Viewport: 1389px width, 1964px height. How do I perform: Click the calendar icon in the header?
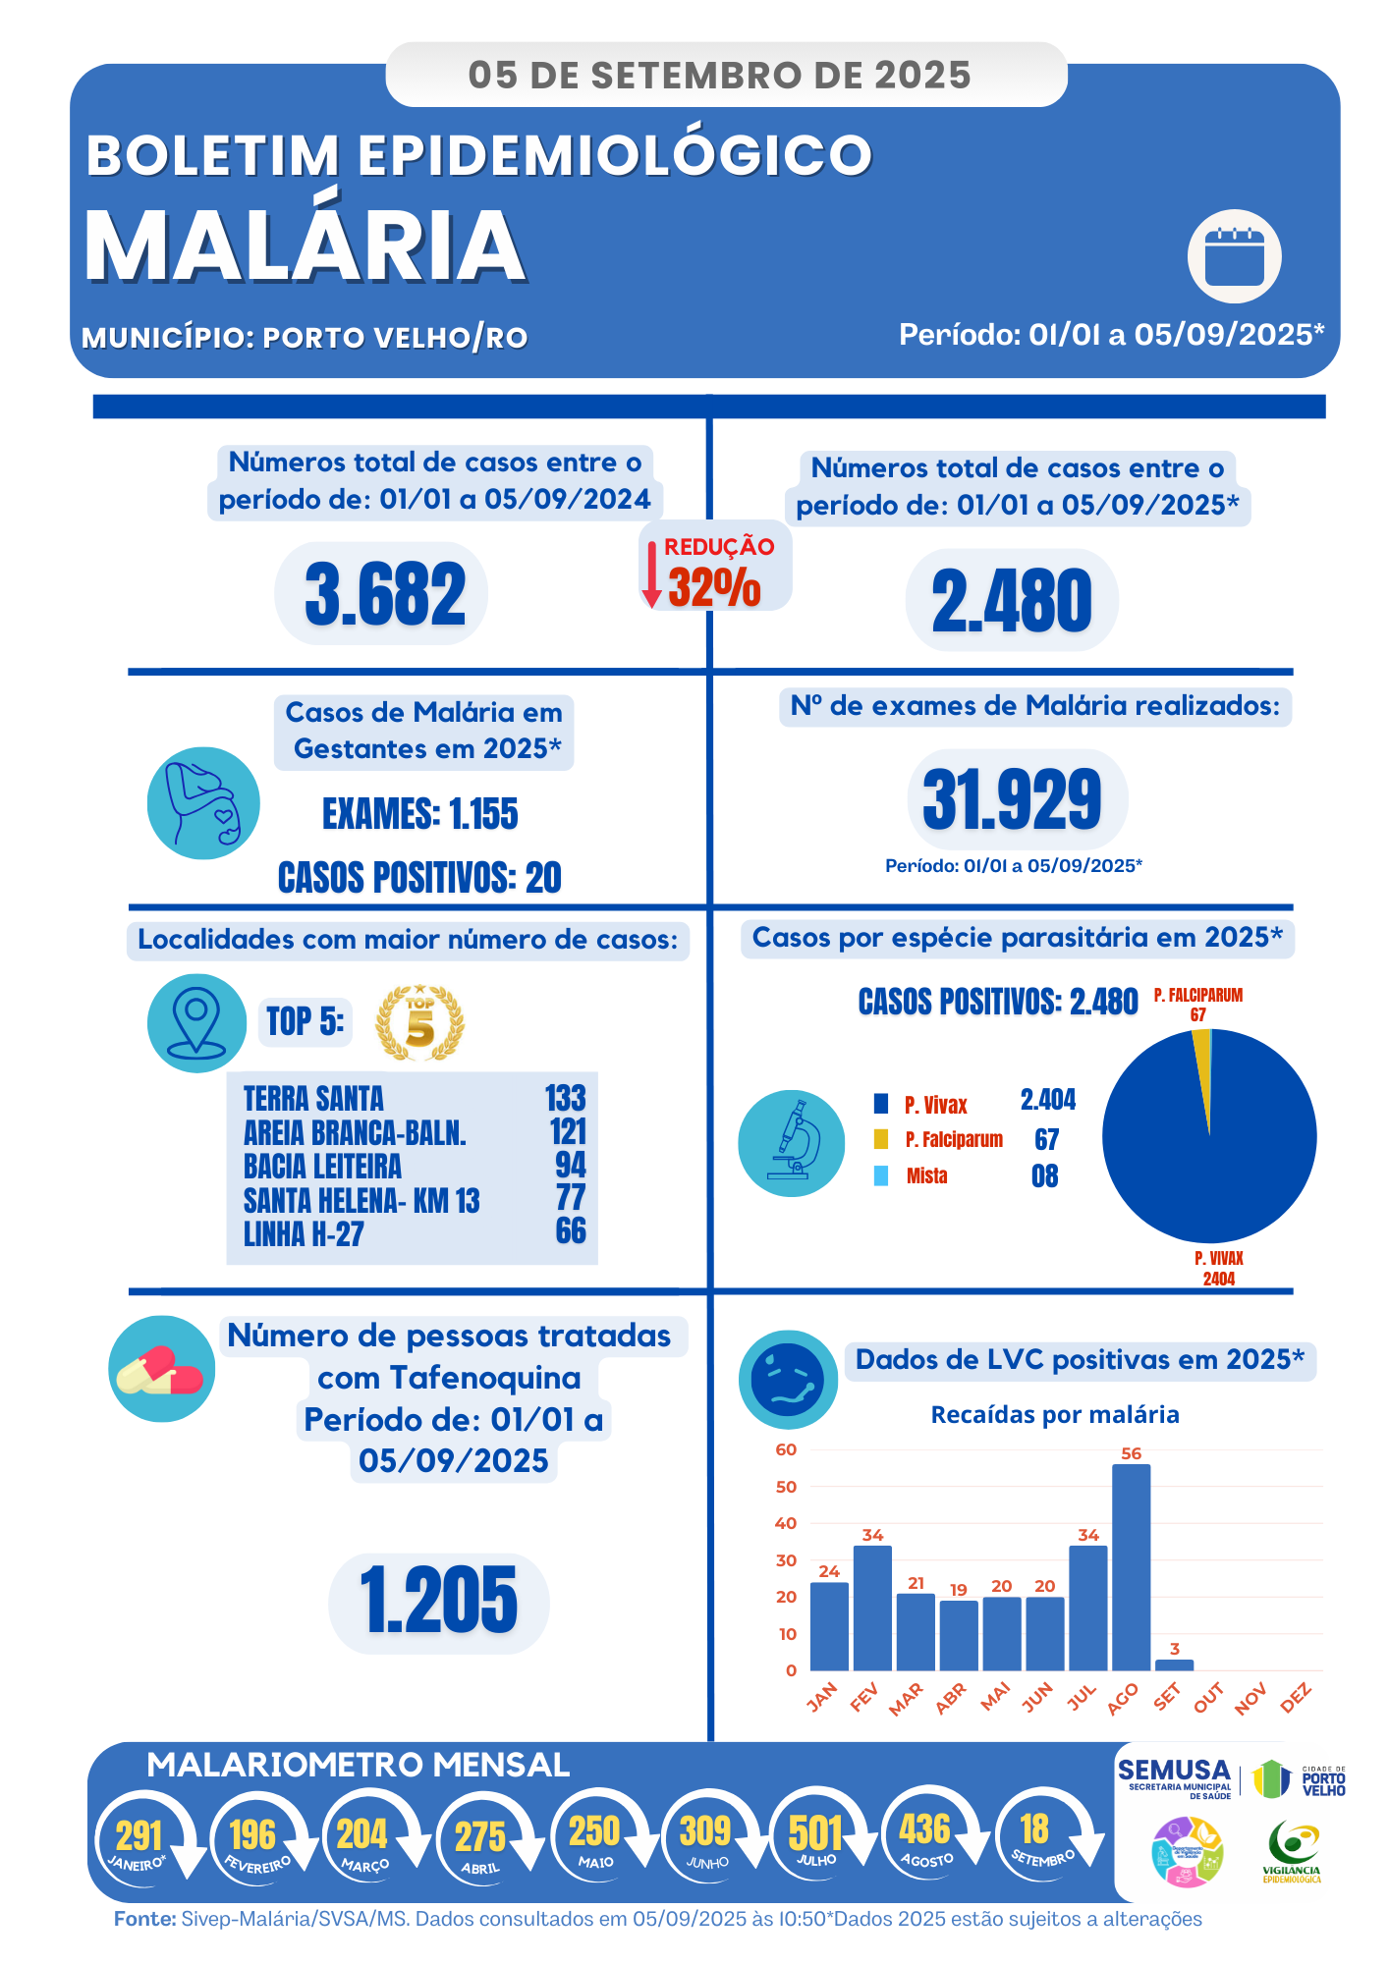coord(1234,256)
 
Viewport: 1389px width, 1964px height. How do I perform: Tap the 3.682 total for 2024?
coord(384,594)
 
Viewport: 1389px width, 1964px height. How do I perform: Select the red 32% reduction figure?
coord(714,587)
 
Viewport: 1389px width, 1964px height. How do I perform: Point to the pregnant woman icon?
coord(203,803)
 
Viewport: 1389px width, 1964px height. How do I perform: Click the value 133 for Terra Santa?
coord(565,1098)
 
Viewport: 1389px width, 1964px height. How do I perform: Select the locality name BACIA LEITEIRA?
coord(322,1166)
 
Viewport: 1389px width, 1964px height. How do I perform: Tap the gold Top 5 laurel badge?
coord(419,1023)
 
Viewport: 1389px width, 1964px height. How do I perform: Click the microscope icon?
coord(792,1142)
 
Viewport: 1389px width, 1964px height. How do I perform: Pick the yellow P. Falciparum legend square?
coord(881,1139)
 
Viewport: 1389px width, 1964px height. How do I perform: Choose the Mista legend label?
coord(926,1175)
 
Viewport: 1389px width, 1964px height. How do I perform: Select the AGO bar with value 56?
coord(1131,1566)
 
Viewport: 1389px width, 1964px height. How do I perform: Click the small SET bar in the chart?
coord(1174,1664)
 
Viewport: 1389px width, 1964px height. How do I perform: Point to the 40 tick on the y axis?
coord(786,1523)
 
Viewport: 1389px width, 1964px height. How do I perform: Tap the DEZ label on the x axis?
coord(1296,1697)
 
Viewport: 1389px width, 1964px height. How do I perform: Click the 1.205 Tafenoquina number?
coord(438,1602)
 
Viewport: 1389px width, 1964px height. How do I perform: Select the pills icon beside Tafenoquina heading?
coord(161,1369)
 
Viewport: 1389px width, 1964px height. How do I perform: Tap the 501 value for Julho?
coord(815,1832)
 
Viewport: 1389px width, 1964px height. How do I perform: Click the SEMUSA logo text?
coord(1174,1771)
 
